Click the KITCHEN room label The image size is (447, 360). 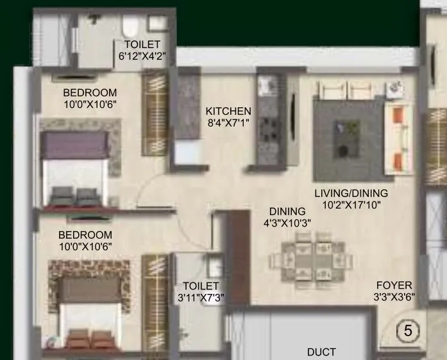pos(228,111)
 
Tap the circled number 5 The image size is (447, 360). pos(407,331)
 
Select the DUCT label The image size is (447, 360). pos(321,352)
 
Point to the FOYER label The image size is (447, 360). pos(394,286)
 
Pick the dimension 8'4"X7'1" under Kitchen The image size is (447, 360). pos(228,122)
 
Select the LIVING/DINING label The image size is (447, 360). pos(351,193)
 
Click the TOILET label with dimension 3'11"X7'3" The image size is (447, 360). pos(201,286)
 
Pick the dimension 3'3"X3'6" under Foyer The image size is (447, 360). pos(394,297)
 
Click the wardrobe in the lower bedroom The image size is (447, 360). pos(155,300)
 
